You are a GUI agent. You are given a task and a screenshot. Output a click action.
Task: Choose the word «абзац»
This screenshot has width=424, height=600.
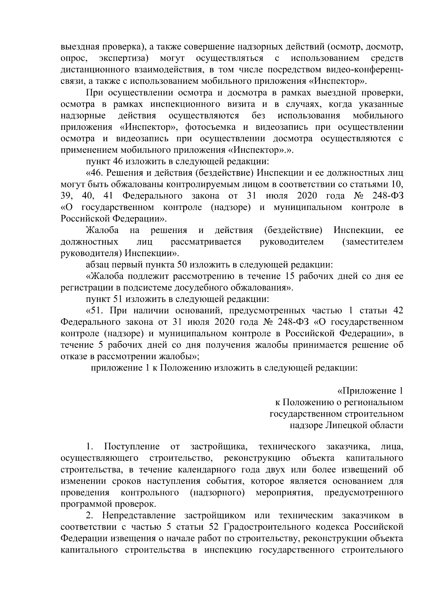tap(98, 265)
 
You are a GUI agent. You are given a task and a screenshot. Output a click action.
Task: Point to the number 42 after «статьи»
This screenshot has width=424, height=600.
tap(398, 311)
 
